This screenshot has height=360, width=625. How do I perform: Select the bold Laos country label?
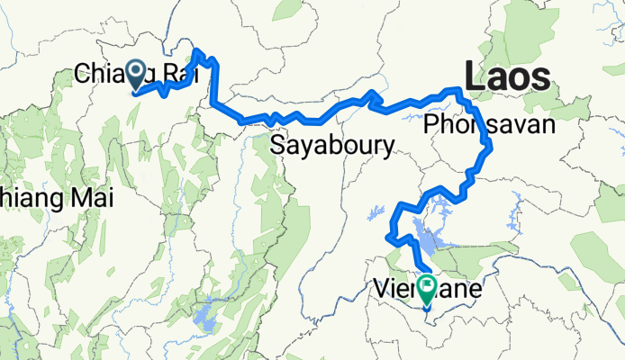506,76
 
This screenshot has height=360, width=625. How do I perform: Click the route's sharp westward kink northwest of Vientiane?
387,237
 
